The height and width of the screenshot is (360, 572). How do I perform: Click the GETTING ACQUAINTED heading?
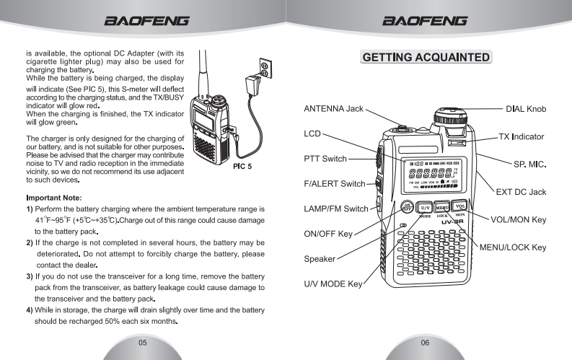pos(429,58)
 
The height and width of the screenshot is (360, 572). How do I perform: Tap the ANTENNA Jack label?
pos(333,109)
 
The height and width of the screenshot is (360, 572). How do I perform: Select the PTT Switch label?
pos(325,158)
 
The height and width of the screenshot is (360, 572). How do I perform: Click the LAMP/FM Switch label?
pos(335,209)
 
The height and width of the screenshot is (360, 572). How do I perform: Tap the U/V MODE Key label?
pos(333,284)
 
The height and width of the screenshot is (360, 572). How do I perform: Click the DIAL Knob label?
pos(526,109)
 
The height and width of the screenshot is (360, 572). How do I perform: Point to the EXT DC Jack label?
pos(521,192)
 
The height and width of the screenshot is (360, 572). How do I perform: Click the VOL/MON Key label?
pos(519,219)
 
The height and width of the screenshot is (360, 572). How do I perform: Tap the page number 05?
pos(143,342)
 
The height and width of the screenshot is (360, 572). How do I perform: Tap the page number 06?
pos(428,342)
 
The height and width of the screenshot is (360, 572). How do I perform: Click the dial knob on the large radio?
pos(447,116)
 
